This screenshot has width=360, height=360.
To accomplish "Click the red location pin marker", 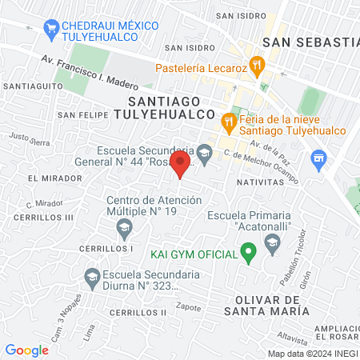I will click(182, 166).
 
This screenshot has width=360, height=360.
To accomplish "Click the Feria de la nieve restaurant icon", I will click(229, 121).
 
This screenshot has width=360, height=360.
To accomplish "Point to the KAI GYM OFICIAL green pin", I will click(248, 254).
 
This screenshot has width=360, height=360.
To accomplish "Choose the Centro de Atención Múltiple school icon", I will click(124, 230).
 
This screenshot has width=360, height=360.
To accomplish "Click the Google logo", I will click(27, 350).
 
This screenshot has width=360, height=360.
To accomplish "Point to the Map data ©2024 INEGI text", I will click(313, 353).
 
